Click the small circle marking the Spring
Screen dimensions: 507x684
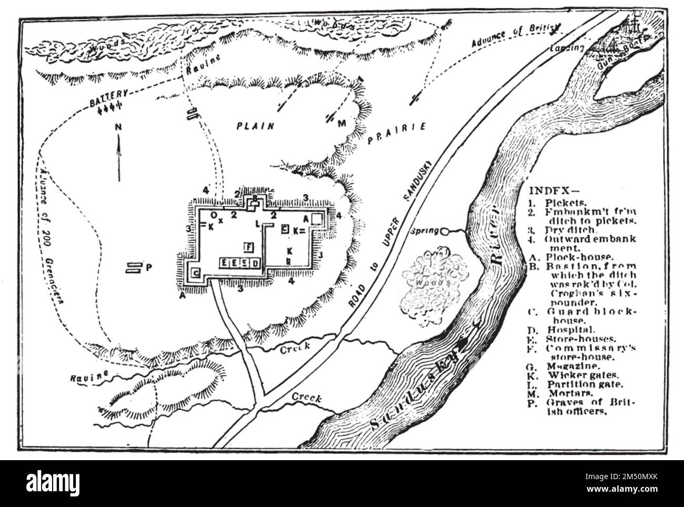point(445,231)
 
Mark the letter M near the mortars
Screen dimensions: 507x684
point(342,124)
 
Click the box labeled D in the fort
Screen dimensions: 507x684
point(255,263)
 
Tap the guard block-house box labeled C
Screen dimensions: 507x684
point(196,272)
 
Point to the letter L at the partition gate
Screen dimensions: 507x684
point(258,224)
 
